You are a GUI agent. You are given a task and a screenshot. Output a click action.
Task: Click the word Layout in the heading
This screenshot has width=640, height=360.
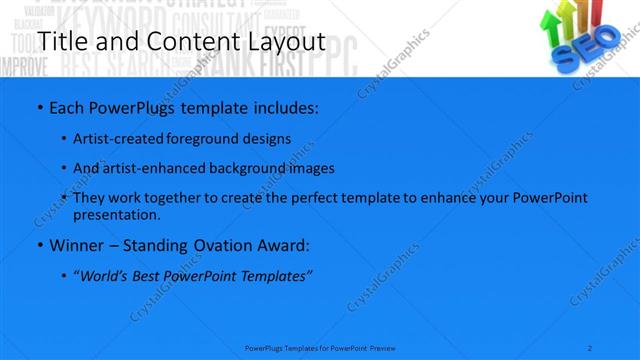[x=283, y=42]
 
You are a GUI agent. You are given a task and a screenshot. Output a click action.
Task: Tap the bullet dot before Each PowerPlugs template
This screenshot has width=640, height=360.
[x=39, y=106]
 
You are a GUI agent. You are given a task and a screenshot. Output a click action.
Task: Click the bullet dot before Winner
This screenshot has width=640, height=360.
[x=39, y=245]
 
